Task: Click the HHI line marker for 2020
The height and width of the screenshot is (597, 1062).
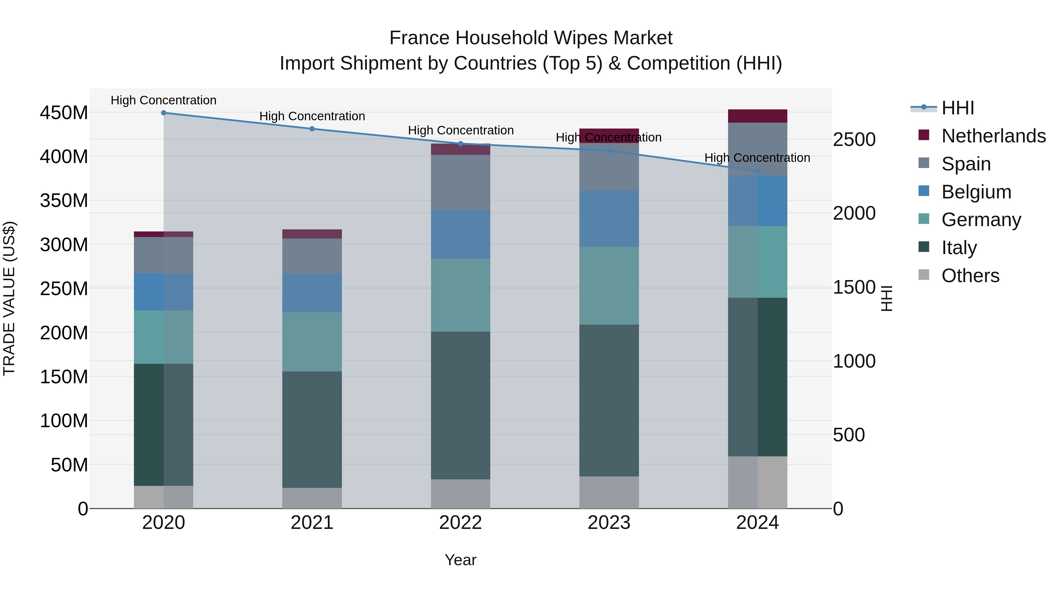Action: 164,113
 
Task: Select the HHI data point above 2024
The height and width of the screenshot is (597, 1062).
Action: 757,171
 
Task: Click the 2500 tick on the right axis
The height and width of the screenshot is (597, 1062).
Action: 854,140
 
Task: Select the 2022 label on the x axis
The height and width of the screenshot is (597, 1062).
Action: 460,523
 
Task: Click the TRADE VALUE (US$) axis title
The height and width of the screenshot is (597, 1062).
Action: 9,298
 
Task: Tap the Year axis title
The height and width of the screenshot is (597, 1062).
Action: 460,560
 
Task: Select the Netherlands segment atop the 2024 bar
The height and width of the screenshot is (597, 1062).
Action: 757,116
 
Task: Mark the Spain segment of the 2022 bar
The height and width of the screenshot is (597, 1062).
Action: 460,182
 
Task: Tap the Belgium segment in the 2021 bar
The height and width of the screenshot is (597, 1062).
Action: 312,293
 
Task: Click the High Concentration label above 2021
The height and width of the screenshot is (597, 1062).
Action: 312,116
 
